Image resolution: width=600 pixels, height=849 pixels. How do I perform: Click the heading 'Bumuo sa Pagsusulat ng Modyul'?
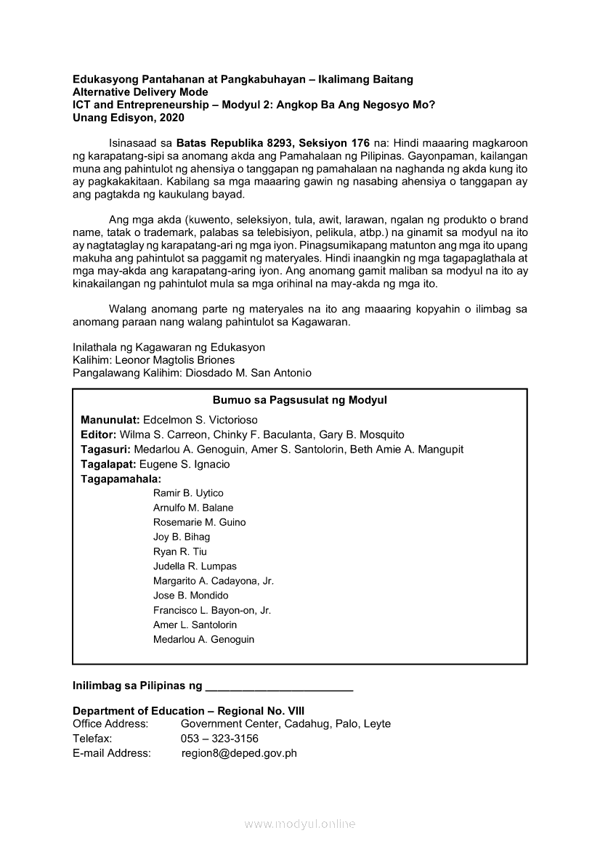tap(299, 400)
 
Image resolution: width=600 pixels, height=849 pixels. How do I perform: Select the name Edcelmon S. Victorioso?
tap(200, 420)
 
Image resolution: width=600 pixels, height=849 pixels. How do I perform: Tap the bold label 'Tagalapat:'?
tap(108, 464)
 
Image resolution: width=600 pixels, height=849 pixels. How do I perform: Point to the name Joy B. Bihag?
tap(182, 537)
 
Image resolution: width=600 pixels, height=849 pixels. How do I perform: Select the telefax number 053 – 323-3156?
tap(219, 739)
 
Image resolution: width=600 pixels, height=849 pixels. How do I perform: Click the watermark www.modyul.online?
tap(299, 824)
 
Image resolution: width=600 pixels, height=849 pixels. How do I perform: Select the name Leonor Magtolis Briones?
tap(175, 359)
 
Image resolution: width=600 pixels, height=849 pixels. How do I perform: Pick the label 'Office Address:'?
tap(110, 724)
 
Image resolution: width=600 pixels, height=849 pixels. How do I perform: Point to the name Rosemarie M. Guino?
tap(199, 522)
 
